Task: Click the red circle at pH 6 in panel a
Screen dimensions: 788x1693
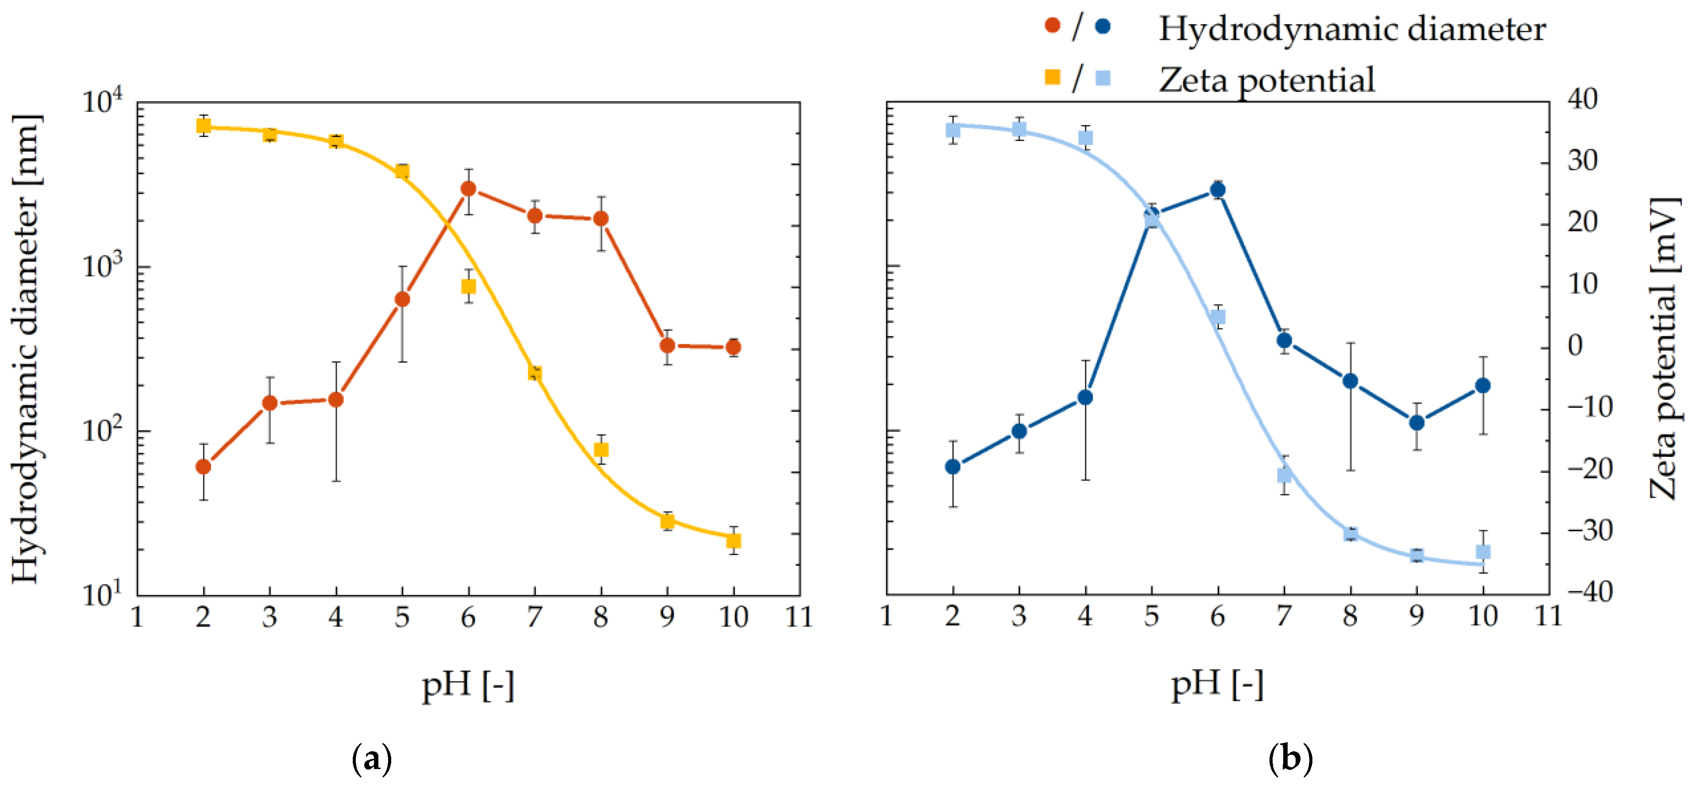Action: tap(469, 189)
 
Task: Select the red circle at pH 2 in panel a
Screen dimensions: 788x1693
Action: tap(204, 467)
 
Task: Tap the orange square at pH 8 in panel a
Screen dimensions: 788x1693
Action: tap(601, 449)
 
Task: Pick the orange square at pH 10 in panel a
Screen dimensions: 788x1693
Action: tap(733, 540)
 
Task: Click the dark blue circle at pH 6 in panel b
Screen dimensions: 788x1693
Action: tap(1218, 190)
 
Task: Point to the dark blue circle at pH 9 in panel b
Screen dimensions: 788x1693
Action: tap(1417, 423)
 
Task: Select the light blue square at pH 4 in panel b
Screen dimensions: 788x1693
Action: tap(1086, 138)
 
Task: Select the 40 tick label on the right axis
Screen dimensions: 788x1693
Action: tap(1582, 99)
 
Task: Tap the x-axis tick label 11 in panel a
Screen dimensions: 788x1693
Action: tap(799, 617)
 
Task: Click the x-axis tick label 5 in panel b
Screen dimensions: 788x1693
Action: tap(1152, 616)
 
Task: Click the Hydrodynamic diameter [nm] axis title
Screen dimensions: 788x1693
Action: tap(26, 348)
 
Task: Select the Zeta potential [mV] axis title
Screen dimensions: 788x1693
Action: tap(1666, 348)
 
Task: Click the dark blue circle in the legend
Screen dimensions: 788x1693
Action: tap(1103, 26)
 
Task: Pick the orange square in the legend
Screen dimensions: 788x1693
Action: tap(1052, 77)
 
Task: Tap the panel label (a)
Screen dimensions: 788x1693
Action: tap(372, 760)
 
